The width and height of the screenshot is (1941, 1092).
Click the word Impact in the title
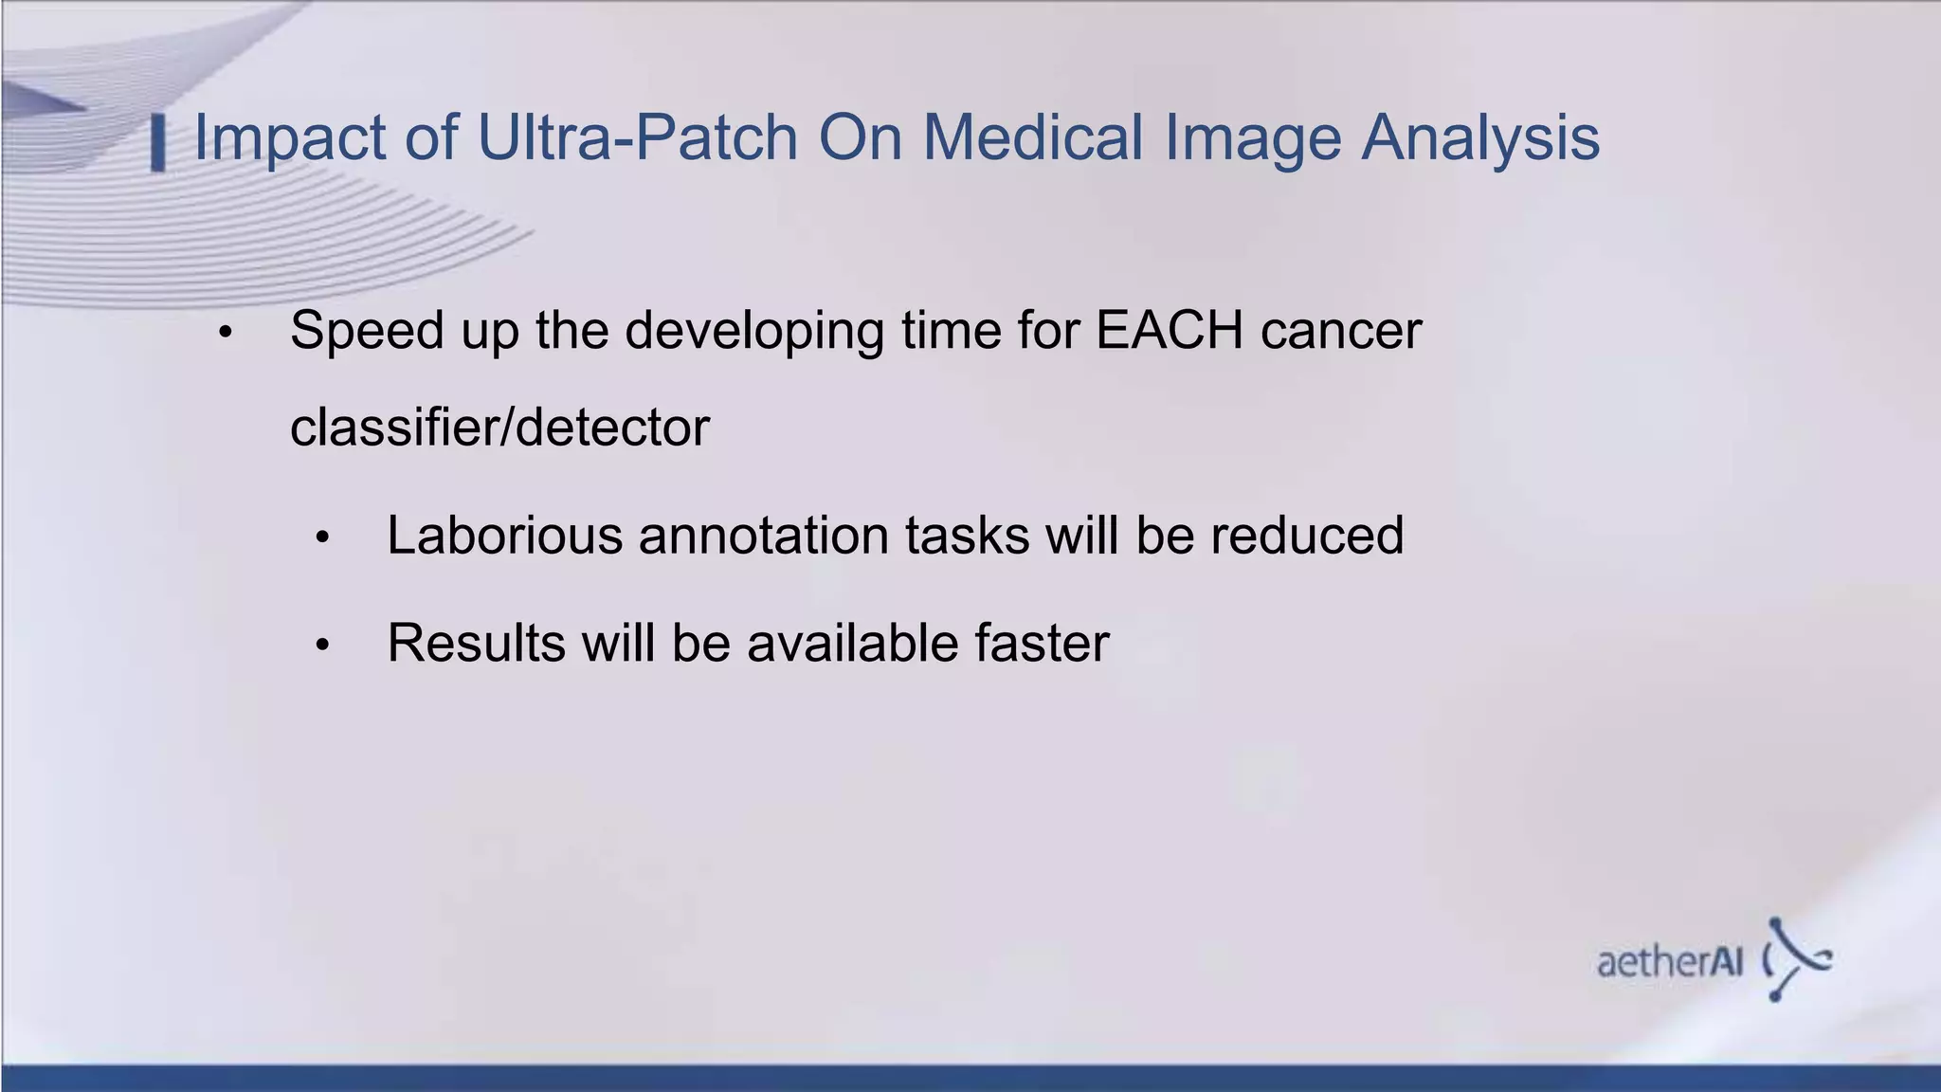pyautogui.click(x=289, y=138)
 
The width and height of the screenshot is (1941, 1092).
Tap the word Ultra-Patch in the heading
pyautogui.click(x=638, y=138)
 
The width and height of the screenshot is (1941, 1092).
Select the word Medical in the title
pyautogui.click(x=1033, y=138)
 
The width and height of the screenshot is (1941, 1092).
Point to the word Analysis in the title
pyautogui.click(x=1480, y=138)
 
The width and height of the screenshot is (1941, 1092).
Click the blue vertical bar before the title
pyautogui.click(x=158, y=143)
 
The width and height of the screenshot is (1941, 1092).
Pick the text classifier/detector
pyautogui.click(x=499, y=428)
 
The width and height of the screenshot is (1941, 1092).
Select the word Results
pyautogui.click(x=477, y=644)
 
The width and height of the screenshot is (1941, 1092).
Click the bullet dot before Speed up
pyautogui.click(x=225, y=334)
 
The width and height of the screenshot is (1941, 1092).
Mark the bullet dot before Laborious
pyautogui.click(x=322, y=538)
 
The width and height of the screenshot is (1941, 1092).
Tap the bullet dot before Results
pyautogui.click(x=322, y=646)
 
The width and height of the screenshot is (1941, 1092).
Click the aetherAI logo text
pyautogui.click(x=1670, y=962)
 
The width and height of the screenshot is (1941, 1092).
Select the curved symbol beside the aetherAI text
pyautogui.click(x=1797, y=959)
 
